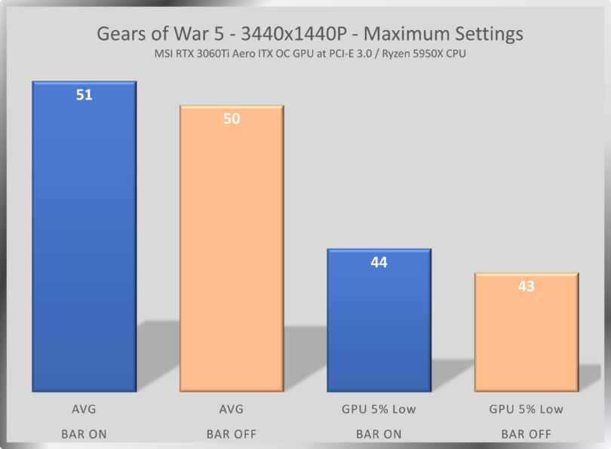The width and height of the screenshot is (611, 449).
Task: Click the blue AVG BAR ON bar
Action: pos(84,241)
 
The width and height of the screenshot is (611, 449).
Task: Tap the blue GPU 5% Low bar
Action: pos(379,324)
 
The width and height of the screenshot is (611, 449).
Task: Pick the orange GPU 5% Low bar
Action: pos(526,335)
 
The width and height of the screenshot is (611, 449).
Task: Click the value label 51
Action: pos(84,96)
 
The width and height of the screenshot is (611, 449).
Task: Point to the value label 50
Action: pos(232,119)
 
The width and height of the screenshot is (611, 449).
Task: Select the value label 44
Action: pos(379,263)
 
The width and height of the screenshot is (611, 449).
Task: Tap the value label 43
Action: pos(526,287)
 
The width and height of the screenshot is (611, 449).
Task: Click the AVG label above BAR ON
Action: pos(84,409)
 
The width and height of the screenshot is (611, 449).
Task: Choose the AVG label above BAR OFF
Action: pos(231,409)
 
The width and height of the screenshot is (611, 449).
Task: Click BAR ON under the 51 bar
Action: pos(84,434)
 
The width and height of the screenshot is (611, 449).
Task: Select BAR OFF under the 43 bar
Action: pos(526,434)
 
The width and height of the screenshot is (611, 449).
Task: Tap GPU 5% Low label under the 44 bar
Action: pos(379,409)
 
